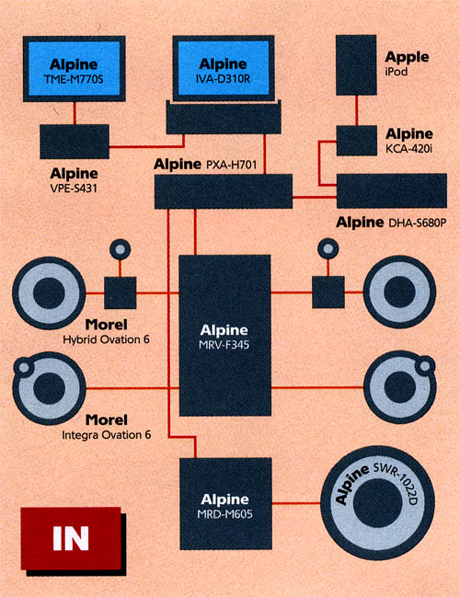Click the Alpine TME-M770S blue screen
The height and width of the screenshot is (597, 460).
pos(75,69)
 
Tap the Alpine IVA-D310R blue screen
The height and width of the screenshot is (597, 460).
pos(224,68)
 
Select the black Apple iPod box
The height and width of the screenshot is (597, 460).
pos(356,64)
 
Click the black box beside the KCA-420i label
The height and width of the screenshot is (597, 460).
pos(357,141)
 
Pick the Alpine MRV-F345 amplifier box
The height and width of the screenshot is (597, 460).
pos(225,335)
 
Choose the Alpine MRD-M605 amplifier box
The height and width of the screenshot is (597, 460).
pos(225,503)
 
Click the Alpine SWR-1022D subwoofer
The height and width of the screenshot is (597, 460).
pos(377,503)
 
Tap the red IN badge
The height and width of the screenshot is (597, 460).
pos(71,538)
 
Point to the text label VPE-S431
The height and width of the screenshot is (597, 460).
pos(74,188)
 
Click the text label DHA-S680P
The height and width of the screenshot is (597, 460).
pos(417,223)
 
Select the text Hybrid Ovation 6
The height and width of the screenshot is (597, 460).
pos(106,339)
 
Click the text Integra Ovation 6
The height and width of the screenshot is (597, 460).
pos(107,434)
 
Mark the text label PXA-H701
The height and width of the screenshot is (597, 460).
pos(232,165)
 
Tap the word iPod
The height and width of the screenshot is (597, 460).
pos(396,71)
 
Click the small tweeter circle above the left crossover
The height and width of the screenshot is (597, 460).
pos(120,249)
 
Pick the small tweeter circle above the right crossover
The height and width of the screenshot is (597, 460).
pos(328,249)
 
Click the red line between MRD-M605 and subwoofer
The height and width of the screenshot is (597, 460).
pos(296,503)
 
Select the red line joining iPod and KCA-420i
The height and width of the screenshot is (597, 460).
pos(356,110)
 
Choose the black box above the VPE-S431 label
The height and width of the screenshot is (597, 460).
pos(75,142)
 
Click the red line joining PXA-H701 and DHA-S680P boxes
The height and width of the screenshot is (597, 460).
pos(315,197)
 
